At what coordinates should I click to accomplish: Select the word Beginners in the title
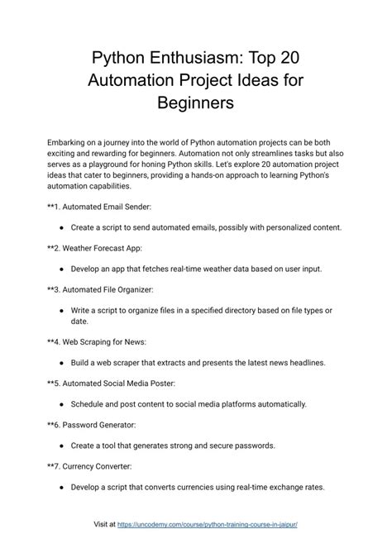pos(196,104)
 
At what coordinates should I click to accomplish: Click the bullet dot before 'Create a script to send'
pos(63,226)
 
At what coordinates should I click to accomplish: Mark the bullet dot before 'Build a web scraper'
pos(63,362)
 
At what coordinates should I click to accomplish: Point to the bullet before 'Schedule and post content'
pos(63,404)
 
